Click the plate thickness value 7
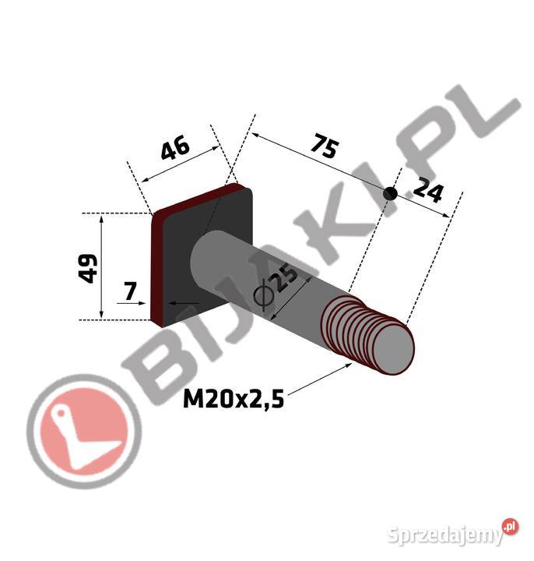point(131,291)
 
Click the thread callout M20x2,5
point(233,400)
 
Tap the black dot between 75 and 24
point(392,192)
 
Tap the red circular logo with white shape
point(77,433)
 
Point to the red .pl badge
point(509,527)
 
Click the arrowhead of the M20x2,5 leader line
point(346,367)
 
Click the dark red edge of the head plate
point(156,265)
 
